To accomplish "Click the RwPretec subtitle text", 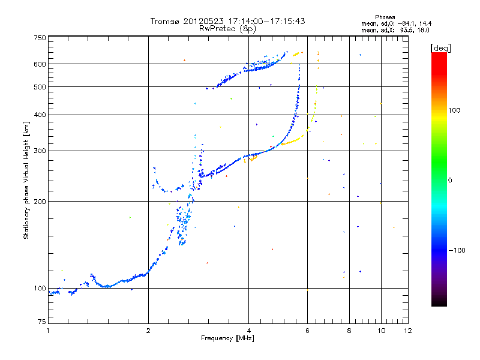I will point(218,28).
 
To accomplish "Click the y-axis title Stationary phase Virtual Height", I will point(26,180).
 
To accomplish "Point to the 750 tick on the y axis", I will point(40,38).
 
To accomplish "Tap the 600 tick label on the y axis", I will point(40,64).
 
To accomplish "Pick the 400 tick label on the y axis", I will point(40,115).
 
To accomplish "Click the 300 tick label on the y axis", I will point(40,151).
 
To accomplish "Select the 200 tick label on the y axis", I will point(40,201).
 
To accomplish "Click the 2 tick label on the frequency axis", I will point(148,331).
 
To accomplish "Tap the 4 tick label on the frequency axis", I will point(248,331).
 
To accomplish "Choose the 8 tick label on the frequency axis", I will point(349,331).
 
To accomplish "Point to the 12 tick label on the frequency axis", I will point(407,331).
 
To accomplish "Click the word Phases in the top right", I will point(385,17).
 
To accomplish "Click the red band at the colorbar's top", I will point(439,57).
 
